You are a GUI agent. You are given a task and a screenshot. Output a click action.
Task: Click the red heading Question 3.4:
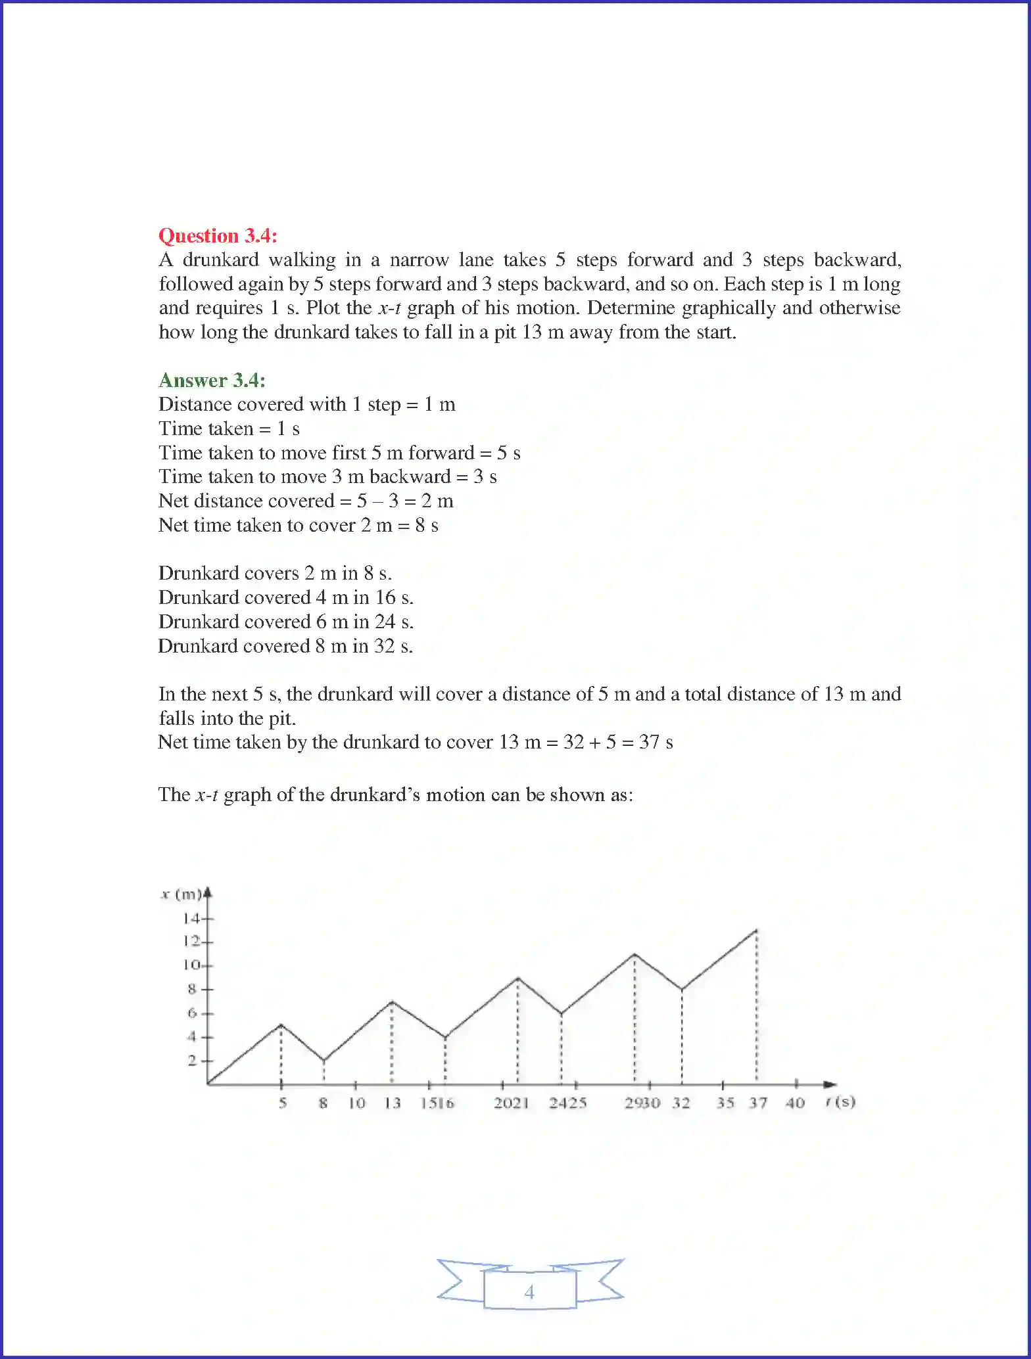218,236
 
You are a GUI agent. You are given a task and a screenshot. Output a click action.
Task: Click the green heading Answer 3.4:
212,380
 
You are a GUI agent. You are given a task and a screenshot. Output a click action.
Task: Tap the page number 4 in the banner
529,1292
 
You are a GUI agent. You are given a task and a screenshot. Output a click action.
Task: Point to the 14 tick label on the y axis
191,918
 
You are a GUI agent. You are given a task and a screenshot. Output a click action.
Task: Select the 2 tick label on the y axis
192,1060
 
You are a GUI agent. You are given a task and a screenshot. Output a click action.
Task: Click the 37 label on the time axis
758,1103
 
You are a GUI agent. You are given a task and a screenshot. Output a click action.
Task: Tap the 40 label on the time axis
795,1103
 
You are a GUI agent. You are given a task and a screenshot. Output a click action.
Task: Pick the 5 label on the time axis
283,1103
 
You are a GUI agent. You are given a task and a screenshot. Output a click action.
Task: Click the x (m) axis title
181,894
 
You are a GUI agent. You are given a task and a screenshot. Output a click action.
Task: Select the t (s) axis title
841,1102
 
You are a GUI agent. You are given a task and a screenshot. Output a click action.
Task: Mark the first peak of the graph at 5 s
281,1025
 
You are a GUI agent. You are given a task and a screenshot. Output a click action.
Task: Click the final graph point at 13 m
757,930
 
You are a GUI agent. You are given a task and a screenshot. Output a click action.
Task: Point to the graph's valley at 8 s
324,1060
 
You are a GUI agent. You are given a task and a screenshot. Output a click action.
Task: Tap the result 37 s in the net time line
656,743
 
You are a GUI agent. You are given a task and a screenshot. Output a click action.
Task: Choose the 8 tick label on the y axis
192,989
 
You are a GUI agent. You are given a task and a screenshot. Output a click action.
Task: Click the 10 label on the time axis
356,1103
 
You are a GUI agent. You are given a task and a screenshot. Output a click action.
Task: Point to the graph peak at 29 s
635,954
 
